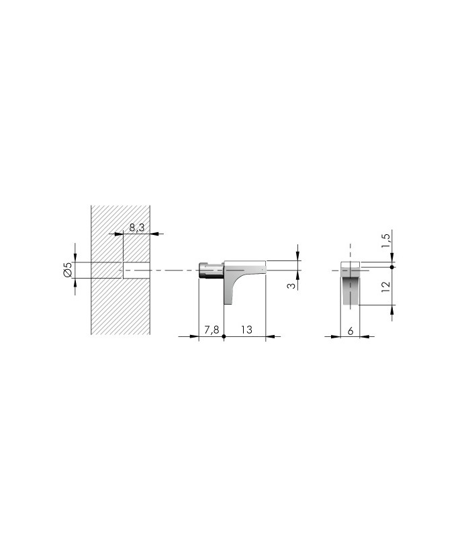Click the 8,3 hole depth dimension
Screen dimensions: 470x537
(x=137, y=228)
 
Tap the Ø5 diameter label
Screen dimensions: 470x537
(x=68, y=270)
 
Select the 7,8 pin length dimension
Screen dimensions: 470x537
(x=211, y=330)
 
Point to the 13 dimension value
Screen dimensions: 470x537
(x=246, y=330)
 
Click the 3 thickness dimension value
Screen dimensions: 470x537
(x=291, y=285)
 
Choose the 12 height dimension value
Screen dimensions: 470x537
(x=385, y=287)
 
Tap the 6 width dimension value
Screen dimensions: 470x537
(x=350, y=331)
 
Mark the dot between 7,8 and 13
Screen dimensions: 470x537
(x=224, y=337)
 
